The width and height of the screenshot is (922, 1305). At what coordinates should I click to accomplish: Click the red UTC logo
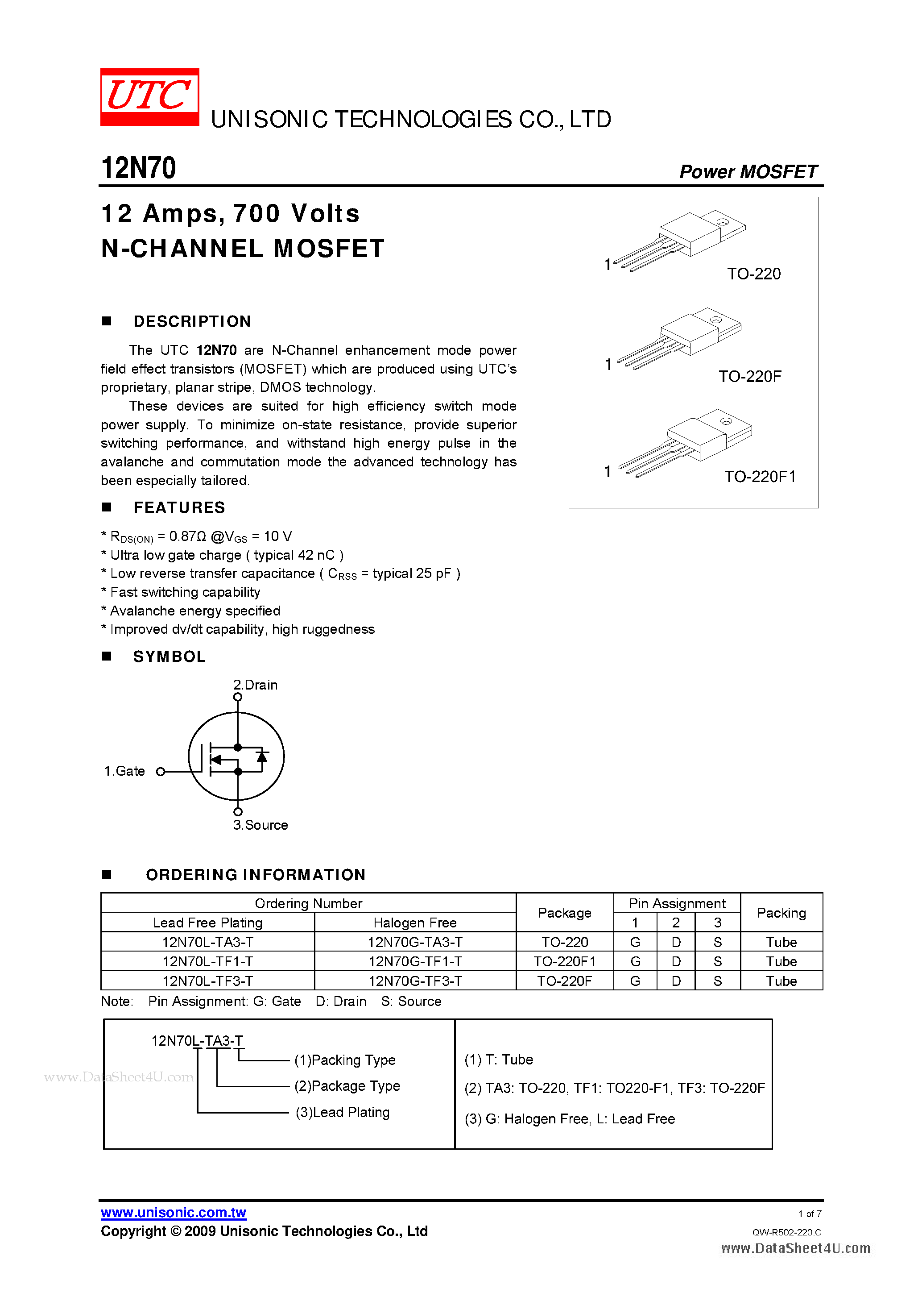(149, 96)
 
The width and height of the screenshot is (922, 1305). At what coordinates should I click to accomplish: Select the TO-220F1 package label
(760, 476)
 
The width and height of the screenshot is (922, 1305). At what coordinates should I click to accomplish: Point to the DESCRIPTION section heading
(192, 322)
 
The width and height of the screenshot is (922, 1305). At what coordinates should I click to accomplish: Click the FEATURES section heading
(179, 507)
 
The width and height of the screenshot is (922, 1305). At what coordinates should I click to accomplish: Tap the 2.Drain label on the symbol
(255, 685)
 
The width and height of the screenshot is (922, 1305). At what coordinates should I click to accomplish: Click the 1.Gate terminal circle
(161, 771)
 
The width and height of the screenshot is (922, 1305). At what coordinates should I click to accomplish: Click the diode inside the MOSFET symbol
(262, 757)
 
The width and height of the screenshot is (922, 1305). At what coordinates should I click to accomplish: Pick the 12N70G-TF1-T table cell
(415, 961)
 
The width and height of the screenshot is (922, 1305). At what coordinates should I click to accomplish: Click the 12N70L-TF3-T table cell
(207, 981)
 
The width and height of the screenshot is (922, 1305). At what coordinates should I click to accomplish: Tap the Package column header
(564, 913)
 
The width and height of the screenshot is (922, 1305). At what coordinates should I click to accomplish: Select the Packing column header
(781, 913)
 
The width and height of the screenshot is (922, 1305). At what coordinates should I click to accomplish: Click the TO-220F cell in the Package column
(564, 981)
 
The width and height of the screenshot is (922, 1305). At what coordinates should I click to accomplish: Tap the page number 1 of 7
(810, 1214)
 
